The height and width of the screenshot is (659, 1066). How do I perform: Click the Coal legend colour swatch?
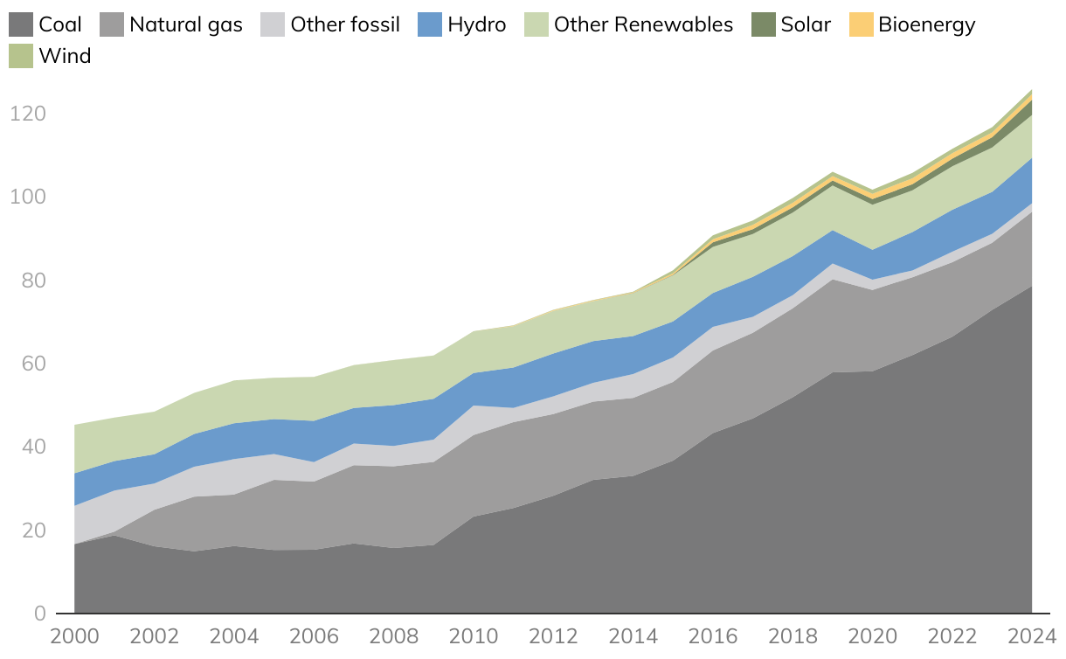(x=21, y=24)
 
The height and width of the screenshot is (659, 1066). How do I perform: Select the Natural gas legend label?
(x=185, y=24)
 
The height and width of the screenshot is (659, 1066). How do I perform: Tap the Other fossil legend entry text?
(x=345, y=24)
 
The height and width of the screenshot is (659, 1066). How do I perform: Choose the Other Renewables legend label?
(x=643, y=24)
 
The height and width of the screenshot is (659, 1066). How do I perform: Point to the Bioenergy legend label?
(x=926, y=24)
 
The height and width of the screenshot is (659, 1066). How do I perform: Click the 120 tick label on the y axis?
(x=28, y=114)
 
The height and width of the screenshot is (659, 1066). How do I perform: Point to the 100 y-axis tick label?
(x=28, y=198)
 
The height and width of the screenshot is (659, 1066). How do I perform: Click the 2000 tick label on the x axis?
(x=75, y=635)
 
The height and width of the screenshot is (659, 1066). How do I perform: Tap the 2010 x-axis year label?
(x=474, y=635)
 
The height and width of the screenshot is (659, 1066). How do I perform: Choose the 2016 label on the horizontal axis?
(x=714, y=635)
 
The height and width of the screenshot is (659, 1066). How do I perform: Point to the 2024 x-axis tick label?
(x=1032, y=635)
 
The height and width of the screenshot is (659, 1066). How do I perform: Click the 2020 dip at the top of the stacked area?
(x=873, y=190)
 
